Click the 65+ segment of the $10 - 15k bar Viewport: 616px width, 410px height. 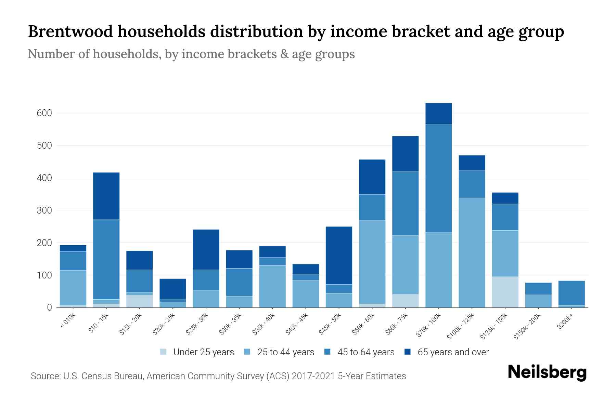point(106,196)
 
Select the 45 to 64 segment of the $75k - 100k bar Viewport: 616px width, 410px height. point(438,178)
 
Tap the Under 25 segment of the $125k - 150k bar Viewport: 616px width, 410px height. point(505,292)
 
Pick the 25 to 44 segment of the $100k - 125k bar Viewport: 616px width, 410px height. point(472,253)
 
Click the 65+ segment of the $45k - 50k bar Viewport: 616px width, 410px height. point(339,256)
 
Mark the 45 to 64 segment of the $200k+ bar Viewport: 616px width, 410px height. point(571,293)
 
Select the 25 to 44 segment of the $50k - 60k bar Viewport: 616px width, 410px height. point(372,262)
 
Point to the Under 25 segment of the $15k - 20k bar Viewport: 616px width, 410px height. point(139,301)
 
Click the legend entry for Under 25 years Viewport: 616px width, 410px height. point(203,352)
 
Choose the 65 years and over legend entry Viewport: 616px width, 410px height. point(453,352)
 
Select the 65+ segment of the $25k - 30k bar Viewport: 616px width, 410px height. point(206,250)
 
